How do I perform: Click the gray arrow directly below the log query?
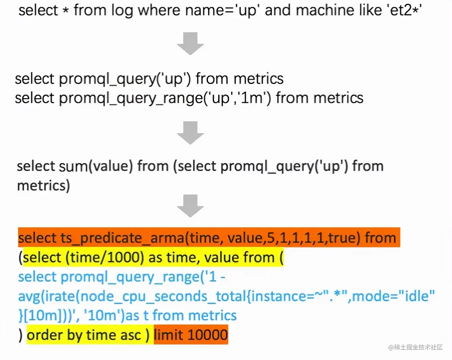click(x=190, y=43)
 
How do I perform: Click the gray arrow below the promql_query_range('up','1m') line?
click(x=190, y=132)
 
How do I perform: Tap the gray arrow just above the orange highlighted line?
click(x=190, y=205)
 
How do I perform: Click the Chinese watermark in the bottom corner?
click(x=415, y=347)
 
